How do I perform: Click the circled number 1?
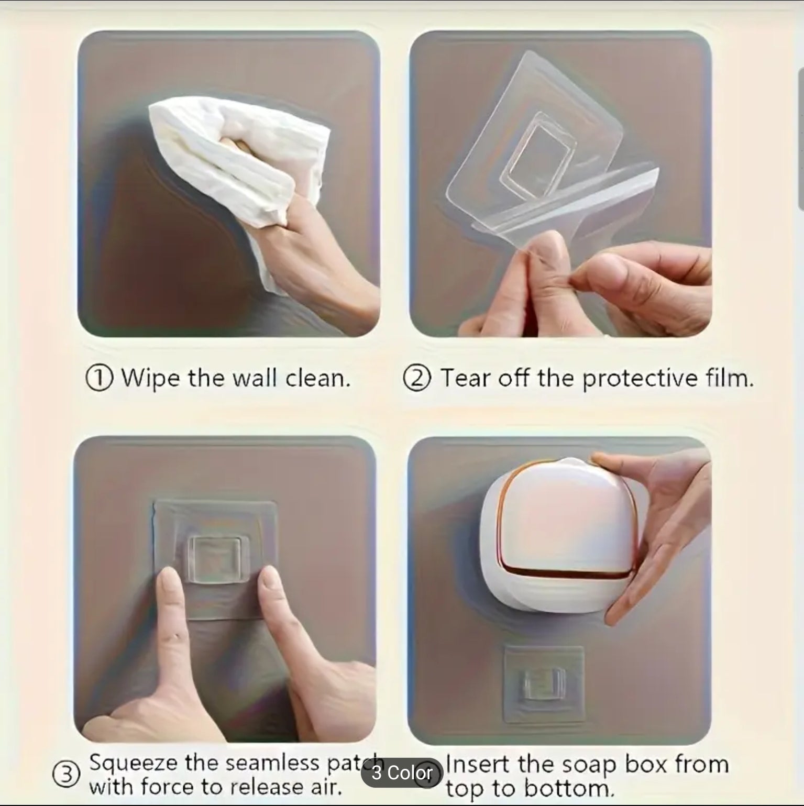98,378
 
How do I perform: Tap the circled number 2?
417,378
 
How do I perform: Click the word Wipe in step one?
151,378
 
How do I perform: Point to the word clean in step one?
317,378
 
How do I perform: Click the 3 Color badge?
402,774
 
